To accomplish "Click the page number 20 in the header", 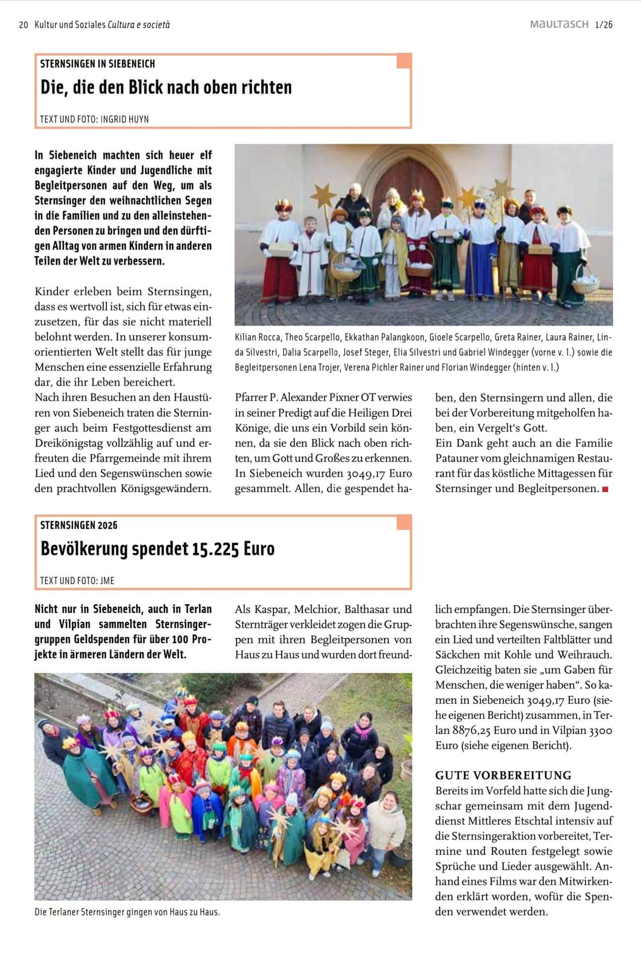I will tap(23, 25).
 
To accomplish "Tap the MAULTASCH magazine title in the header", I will tap(559, 24).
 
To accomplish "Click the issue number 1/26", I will tap(604, 25).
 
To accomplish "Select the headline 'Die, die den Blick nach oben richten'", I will tap(166, 87).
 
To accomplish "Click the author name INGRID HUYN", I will tap(125, 120).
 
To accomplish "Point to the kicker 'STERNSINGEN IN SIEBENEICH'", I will tap(97, 64).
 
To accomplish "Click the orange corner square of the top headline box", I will tap(404, 61).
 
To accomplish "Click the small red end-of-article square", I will tap(605, 489).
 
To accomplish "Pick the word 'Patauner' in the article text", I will tap(457, 459).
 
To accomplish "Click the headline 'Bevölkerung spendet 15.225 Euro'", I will tap(157, 549).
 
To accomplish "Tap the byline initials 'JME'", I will tap(108, 581).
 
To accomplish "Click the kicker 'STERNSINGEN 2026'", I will tap(79, 525).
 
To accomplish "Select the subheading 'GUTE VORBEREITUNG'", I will tap(503, 775).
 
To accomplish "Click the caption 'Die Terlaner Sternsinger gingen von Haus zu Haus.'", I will tap(127, 912).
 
